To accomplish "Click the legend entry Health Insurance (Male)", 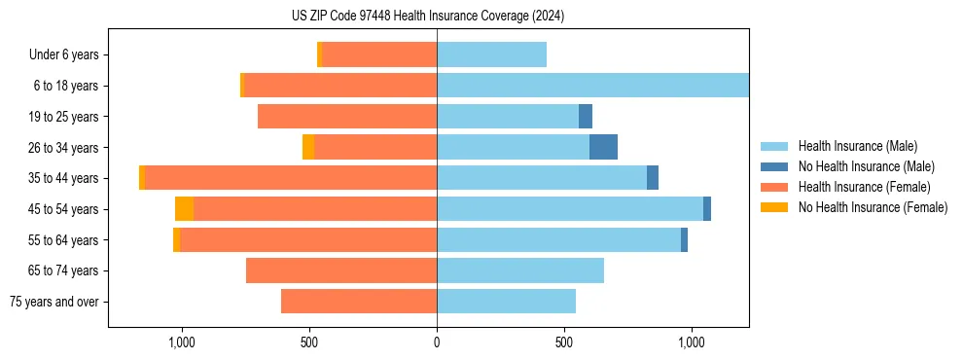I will pos(856,146).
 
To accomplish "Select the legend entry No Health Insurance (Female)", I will pos(873,207).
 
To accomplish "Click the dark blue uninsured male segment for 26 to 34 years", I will pos(603,147).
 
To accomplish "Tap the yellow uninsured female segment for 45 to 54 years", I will pos(184,209).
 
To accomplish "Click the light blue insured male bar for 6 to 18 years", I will pos(592,86).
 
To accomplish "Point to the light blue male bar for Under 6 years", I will pos(491,54).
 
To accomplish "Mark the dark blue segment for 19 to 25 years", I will pos(586,117).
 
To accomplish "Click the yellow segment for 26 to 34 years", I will pos(308,147).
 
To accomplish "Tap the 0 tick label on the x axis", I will pos(437,342).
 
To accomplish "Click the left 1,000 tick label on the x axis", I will pos(182,342).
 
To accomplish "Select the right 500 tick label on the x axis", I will pos(564,342).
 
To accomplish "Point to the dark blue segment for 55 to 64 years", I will pos(684,239).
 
